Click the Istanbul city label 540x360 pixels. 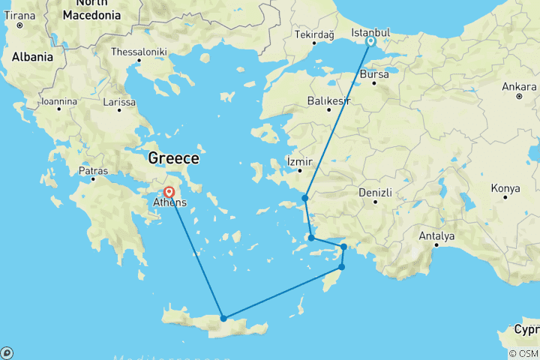371,32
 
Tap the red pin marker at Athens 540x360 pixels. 169,192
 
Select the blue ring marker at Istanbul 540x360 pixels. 370,42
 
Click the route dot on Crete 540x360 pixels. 223,318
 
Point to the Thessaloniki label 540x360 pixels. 139,52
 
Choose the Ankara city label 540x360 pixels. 519,85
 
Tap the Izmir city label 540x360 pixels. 298,160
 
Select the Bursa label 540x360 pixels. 375,75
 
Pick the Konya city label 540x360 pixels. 505,187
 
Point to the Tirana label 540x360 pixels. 19,15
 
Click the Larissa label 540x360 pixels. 120,101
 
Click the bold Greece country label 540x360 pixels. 174,158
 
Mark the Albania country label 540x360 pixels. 31,55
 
